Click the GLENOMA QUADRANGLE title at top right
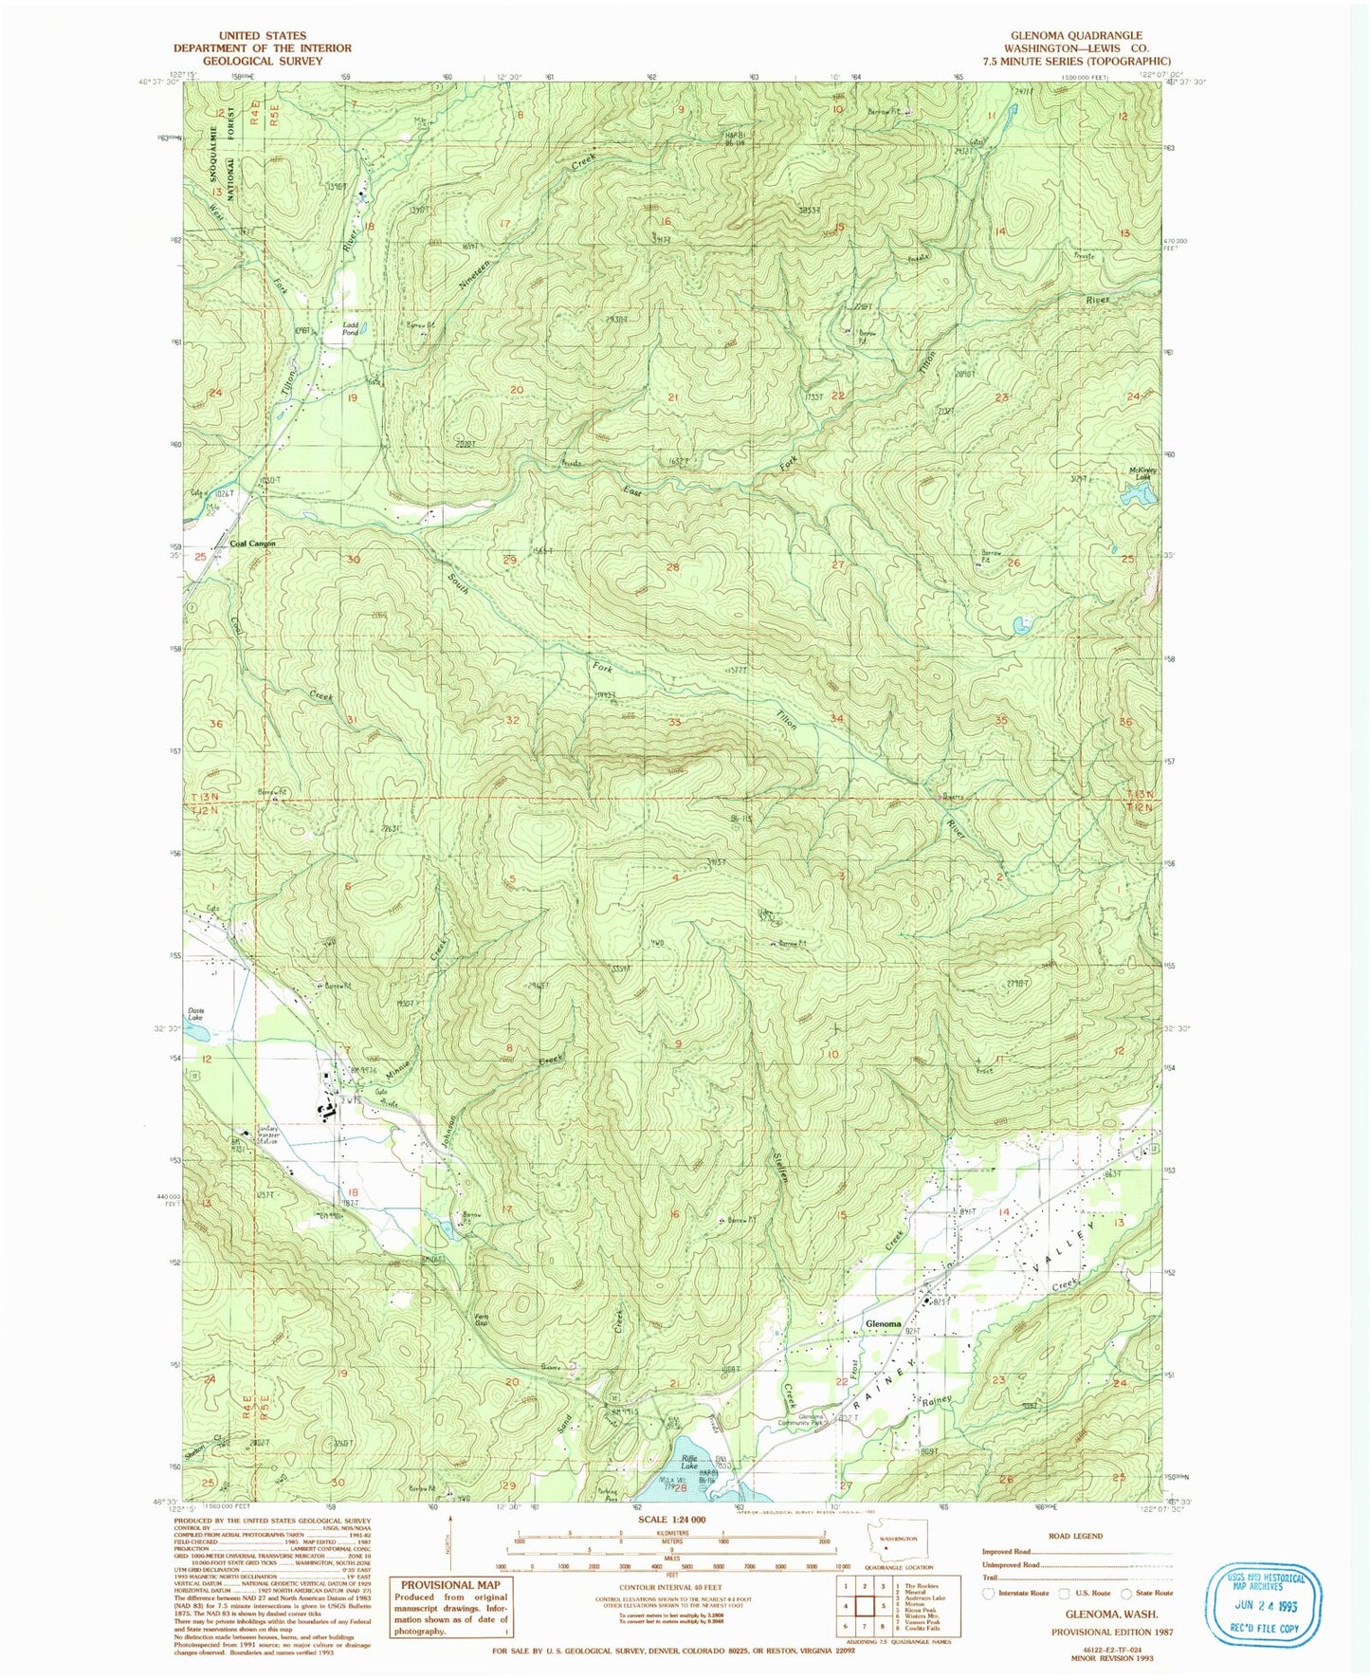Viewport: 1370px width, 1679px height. tap(1076, 35)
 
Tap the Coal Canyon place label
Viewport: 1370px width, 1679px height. tap(253, 544)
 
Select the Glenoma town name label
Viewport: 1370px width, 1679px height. tap(883, 1323)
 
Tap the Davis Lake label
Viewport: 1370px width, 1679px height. tap(196, 1014)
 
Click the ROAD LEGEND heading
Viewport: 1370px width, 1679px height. tap(1075, 1536)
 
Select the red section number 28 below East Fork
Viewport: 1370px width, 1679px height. tap(673, 567)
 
